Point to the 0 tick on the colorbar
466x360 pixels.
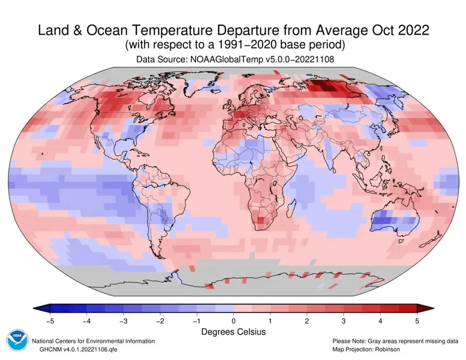pyautogui.click(x=233, y=320)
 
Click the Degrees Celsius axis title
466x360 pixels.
pyautogui.click(x=233, y=332)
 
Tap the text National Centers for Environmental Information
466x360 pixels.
pyautogui.click(x=94, y=341)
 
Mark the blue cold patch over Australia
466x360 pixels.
pyautogui.click(x=388, y=218)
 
